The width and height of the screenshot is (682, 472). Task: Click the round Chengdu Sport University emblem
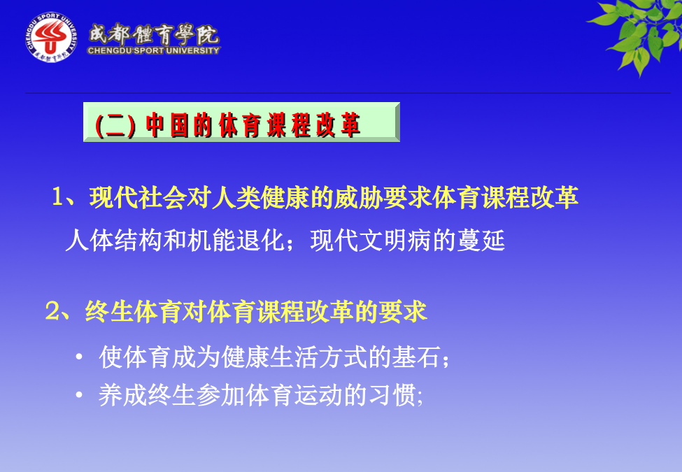pyautogui.click(x=51, y=37)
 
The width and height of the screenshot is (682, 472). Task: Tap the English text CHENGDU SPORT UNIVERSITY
pyautogui.click(x=153, y=50)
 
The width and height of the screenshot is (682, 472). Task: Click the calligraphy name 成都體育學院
pyautogui.click(x=153, y=34)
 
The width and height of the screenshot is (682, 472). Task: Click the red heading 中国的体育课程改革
pyautogui.click(x=253, y=125)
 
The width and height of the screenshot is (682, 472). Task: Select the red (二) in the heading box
pyautogui.click(x=115, y=126)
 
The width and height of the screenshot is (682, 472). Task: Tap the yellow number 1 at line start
pyautogui.click(x=58, y=197)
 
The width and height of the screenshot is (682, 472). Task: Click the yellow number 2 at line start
pyautogui.click(x=52, y=312)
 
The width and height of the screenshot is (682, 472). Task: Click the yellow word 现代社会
pyautogui.click(x=138, y=197)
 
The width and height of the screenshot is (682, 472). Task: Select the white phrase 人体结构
pyautogui.click(x=114, y=240)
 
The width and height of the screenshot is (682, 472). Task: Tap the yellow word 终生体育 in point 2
pyautogui.click(x=134, y=312)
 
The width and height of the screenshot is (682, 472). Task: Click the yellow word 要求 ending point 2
pyautogui.click(x=403, y=312)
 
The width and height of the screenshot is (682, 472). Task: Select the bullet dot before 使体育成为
pyautogui.click(x=79, y=357)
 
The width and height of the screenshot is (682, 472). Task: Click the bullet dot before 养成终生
pyautogui.click(x=79, y=395)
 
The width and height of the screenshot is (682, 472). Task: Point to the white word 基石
pyautogui.click(x=416, y=357)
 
